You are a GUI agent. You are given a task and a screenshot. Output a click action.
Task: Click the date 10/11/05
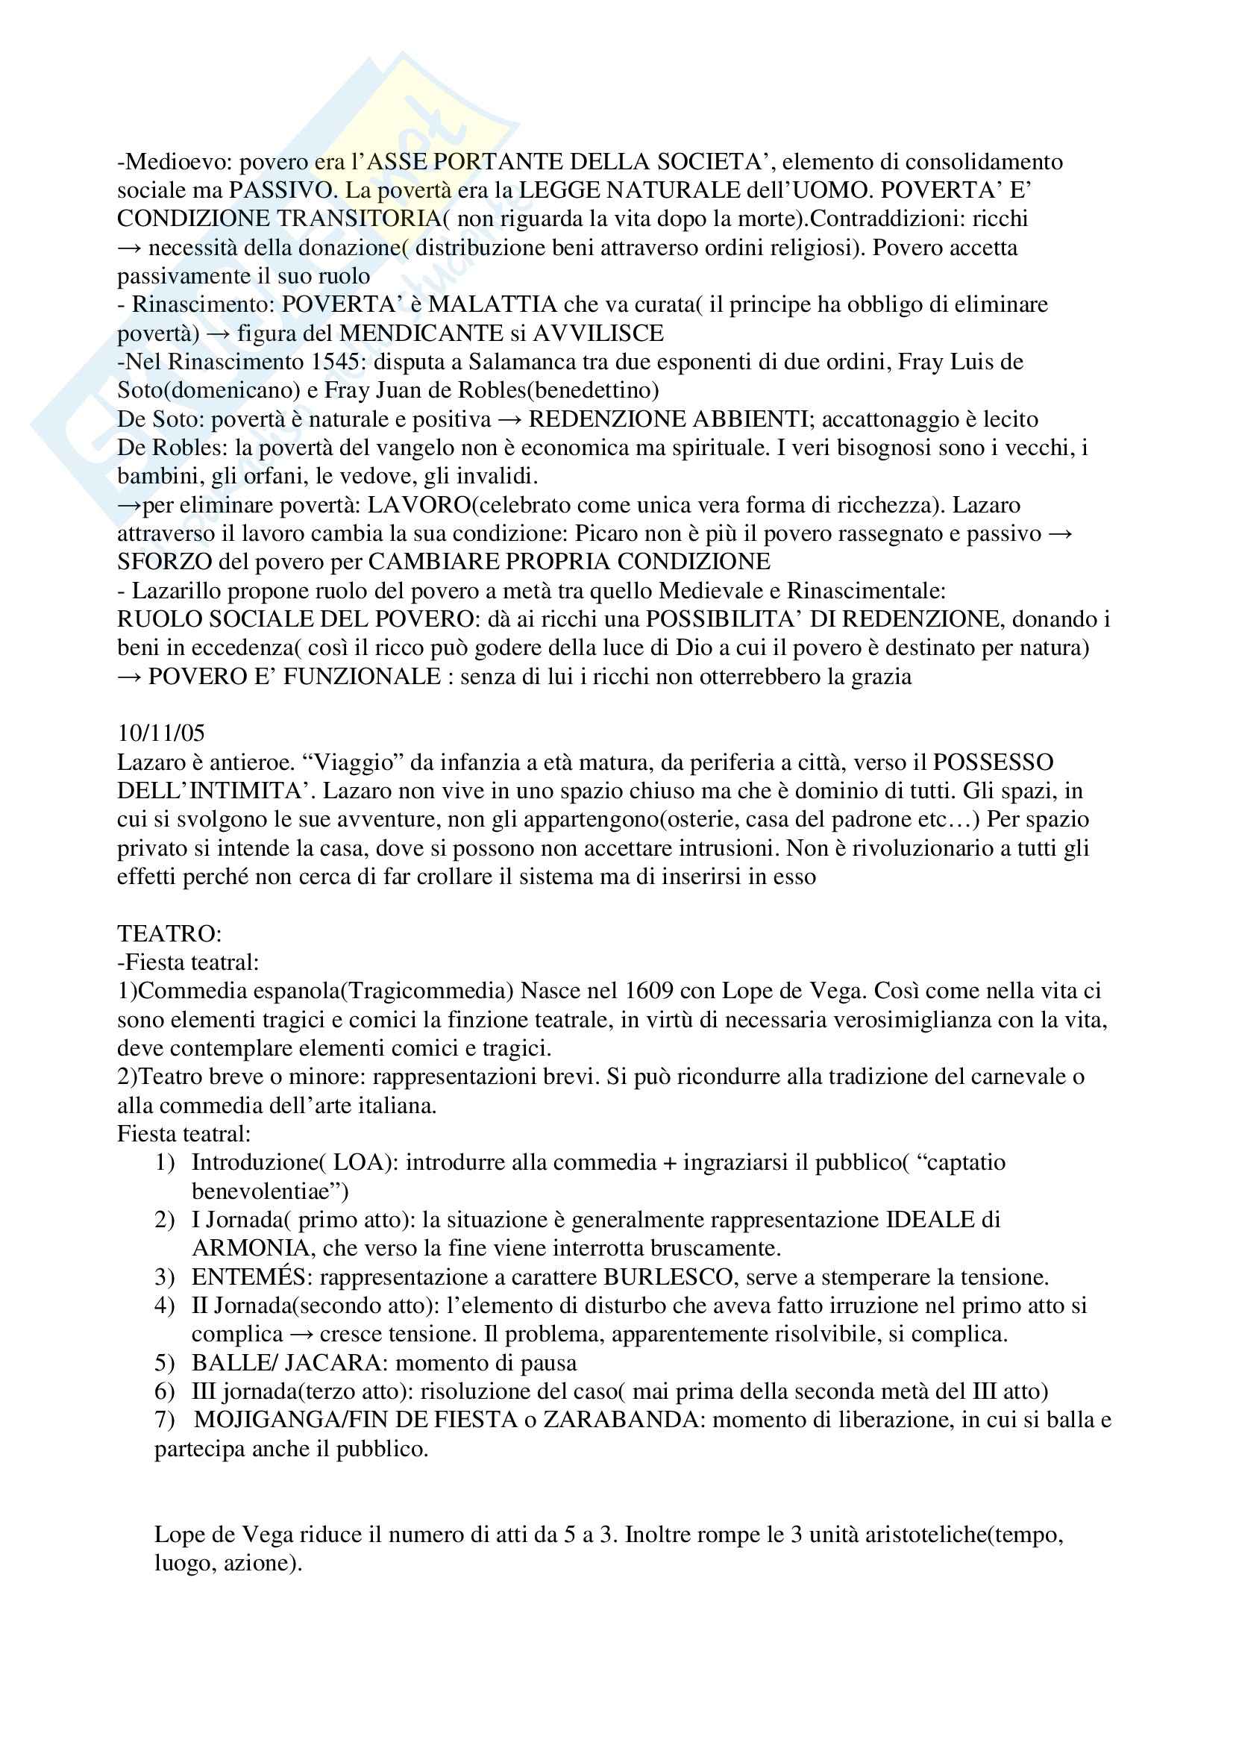(161, 733)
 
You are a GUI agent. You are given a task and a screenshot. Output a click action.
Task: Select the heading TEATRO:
(169, 933)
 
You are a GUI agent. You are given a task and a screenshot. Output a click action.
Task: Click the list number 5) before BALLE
(165, 1363)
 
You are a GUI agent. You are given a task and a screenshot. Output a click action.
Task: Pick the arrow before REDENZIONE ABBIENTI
(509, 419)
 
